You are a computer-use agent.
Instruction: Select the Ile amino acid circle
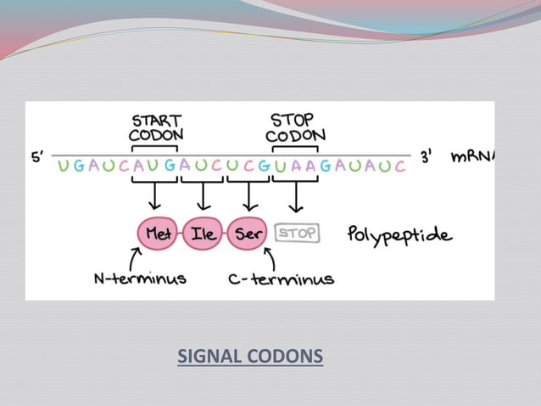click(204, 234)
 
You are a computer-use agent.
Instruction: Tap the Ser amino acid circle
click(248, 234)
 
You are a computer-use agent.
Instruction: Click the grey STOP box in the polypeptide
click(297, 233)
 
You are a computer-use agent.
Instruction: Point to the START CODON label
click(156, 127)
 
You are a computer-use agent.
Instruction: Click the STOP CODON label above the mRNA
click(294, 127)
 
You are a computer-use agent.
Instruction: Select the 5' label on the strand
click(39, 157)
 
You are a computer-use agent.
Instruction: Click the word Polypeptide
click(399, 234)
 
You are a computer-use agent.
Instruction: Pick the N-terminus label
click(140, 279)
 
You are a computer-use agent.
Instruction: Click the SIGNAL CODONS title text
click(250, 356)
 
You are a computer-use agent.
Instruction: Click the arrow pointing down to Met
click(154, 196)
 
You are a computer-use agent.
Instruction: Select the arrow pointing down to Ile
click(202, 196)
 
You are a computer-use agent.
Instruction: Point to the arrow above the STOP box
click(295, 196)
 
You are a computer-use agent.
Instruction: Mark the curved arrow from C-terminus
click(270, 257)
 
